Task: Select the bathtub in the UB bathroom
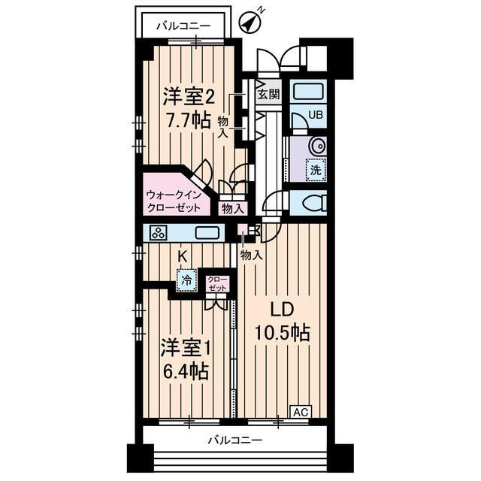(307, 92)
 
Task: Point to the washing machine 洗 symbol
(316, 171)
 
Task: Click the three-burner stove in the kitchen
(159, 233)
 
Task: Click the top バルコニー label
(183, 27)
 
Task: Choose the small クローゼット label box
(216, 284)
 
